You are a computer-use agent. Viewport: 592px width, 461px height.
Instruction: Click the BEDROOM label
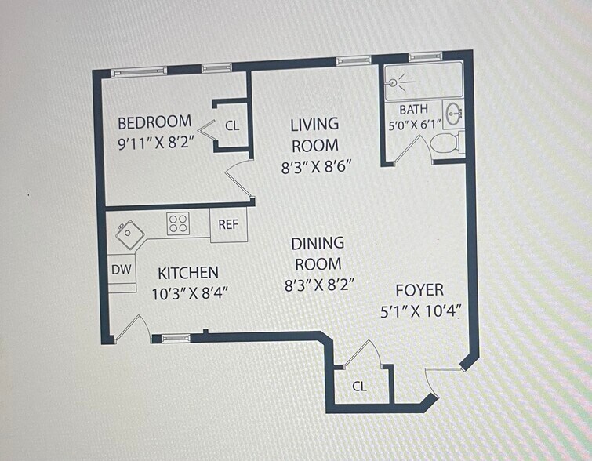154,123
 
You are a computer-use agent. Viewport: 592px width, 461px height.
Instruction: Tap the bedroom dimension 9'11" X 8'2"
156,143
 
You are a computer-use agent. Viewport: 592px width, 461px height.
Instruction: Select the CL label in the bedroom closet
232,125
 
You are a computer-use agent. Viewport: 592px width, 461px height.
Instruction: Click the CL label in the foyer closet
359,386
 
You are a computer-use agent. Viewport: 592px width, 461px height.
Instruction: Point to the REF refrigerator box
229,225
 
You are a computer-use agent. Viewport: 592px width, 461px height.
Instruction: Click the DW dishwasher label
122,269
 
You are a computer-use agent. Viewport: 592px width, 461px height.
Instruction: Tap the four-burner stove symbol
178,223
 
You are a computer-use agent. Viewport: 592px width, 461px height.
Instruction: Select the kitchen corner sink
130,235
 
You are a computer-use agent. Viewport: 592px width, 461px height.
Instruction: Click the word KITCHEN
188,273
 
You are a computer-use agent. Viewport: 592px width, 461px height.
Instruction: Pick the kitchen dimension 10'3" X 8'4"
190,293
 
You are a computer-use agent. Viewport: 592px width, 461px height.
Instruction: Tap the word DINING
318,244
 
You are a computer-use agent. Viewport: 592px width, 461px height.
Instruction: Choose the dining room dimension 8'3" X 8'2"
319,285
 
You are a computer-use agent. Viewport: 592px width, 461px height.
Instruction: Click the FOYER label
419,290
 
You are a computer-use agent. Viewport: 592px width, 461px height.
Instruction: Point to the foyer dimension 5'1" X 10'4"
421,312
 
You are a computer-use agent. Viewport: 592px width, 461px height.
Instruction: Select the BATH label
414,110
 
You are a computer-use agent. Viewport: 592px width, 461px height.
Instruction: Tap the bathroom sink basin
453,113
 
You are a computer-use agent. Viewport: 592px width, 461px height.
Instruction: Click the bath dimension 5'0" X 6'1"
415,125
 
